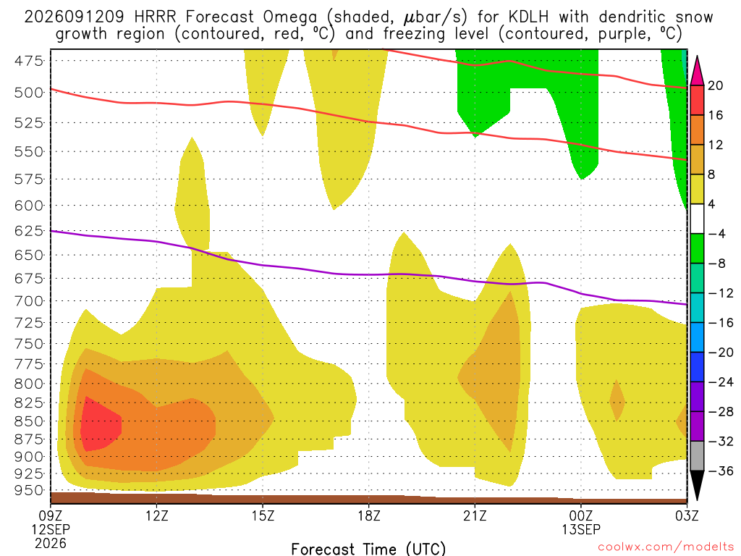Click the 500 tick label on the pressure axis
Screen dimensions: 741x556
point(28,92)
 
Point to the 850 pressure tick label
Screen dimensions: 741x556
point(28,421)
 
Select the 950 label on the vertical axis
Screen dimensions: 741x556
point(28,490)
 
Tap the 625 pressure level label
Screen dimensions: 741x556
point(28,231)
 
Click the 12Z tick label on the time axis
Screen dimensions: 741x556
point(157,515)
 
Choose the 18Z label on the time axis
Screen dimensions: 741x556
point(369,515)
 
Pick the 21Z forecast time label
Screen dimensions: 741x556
point(475,515)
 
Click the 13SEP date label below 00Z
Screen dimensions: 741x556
point(581,529)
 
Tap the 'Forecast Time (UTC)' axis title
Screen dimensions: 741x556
point(368,549)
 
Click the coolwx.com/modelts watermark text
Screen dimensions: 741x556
point(666,547)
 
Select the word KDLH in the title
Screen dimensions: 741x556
point(528,17)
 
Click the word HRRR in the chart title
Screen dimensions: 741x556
point(155,17)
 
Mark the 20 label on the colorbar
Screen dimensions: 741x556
point(715,85)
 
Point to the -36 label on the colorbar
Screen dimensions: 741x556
point(720,471)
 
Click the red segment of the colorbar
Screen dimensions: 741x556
point(697,100)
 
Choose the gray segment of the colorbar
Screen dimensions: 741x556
point(697,456)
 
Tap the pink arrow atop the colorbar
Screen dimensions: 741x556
point(697,71)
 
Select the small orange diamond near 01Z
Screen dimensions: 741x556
point(617,400)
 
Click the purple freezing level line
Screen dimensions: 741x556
point(368,274)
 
